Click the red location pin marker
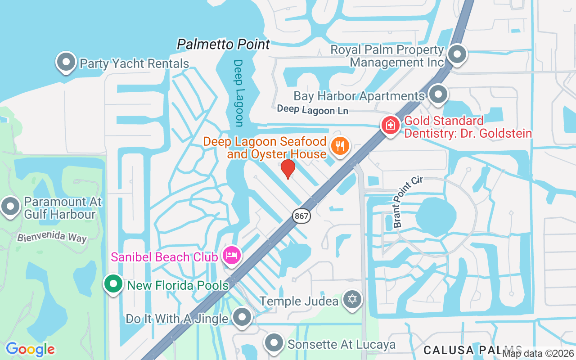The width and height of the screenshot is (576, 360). [x=288, y=169]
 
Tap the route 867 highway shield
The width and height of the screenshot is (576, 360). [x=301, y=216]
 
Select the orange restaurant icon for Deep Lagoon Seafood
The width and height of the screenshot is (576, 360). [x=341, y=146]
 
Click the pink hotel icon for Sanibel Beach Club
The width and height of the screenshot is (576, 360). [x=231, y=256]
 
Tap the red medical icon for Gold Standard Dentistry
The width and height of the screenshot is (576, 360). [x=391, y=125]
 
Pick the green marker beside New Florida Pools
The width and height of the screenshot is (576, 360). [x=113, y=284]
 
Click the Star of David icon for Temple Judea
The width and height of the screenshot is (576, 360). [x=352, y=299]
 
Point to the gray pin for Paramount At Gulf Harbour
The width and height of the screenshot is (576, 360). [x=10, y=207]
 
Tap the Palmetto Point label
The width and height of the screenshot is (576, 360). [x=223, y=45]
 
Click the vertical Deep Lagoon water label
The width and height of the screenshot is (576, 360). [x=238, y=93]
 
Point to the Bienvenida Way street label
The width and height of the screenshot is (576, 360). [x=52, y=236]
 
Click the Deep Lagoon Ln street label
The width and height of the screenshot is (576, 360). [x=312, y=110]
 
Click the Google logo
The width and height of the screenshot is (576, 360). [x=30, y=349]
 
